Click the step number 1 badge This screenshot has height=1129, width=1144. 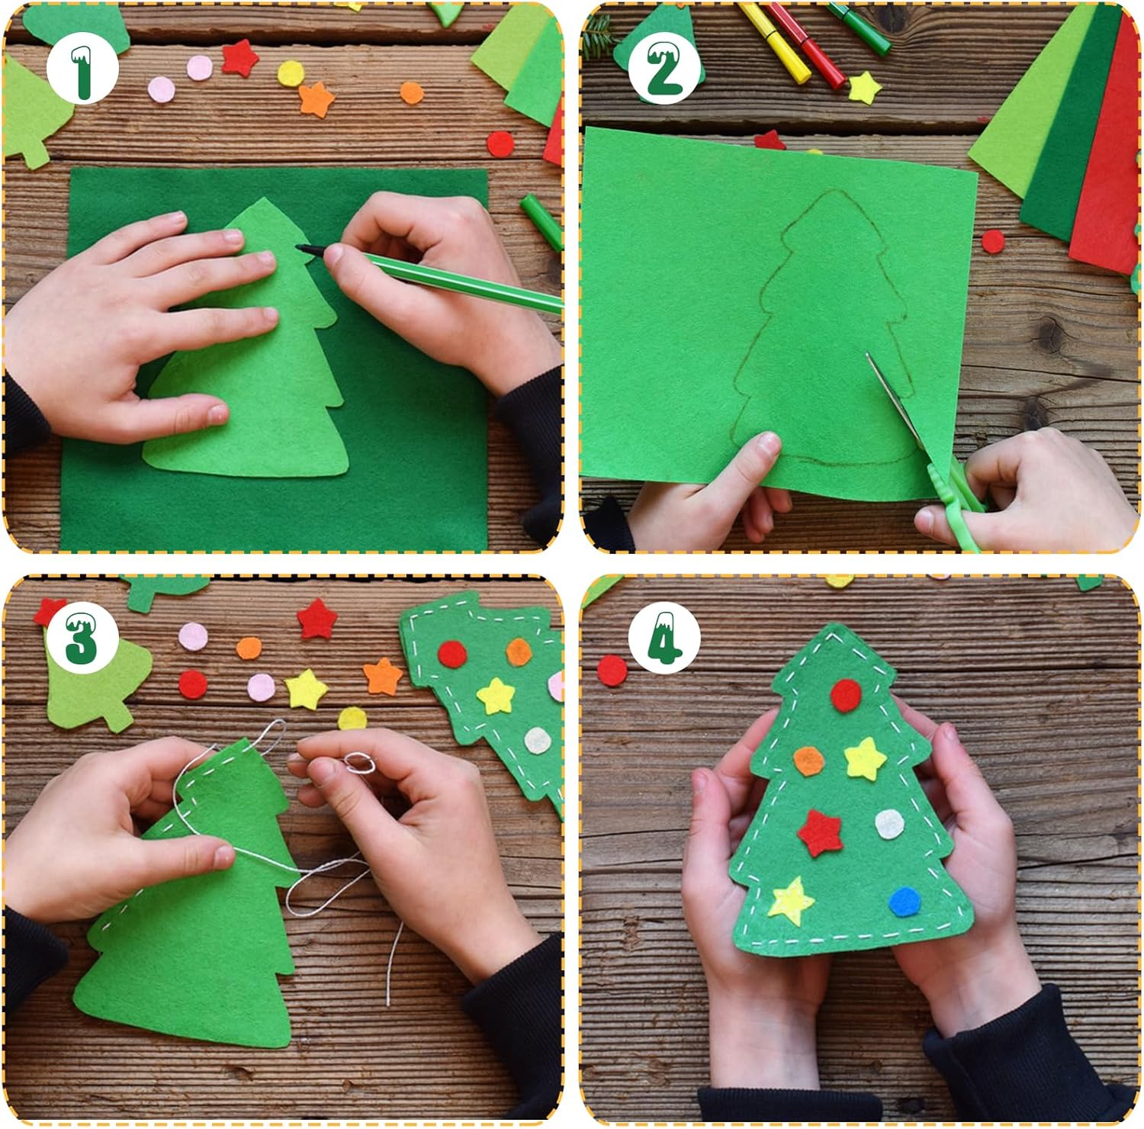(x=82, y=70)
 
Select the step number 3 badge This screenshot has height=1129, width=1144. (x=82, y=637)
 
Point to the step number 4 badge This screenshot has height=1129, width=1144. (x=664, y=637)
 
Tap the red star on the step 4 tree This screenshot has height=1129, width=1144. (x=820, y=832)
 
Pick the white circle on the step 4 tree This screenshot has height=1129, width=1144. (x=889, y=824)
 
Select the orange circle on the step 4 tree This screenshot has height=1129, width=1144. (x=808, y=761)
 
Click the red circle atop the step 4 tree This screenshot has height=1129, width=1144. (x=846, y=695)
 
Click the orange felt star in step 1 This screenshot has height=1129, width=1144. (x=317, y=99)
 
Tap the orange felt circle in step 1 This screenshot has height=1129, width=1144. (x=412, y=93)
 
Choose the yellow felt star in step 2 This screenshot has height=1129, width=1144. (x=864, y=87)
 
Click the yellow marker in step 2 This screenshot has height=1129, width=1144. (x=774, y=43)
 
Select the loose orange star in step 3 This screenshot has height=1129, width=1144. (x=383, y=676)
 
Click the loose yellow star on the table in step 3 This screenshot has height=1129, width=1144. (x=307, y=688)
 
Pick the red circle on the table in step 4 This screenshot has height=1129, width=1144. (x=612, y=671)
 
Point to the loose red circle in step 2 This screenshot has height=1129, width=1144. (x=994, y=241)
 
